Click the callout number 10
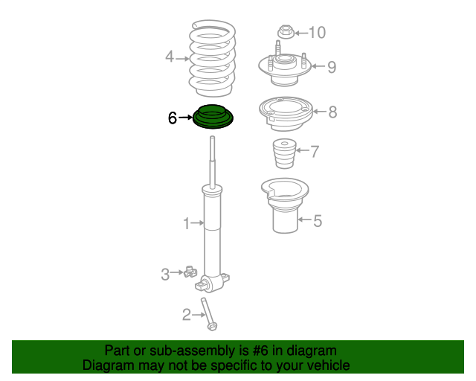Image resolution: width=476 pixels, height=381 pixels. pos(317,32)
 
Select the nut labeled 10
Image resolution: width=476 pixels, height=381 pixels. pos(285,32)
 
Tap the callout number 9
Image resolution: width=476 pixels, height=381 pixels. pos(332,67)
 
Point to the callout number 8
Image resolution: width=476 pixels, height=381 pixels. pos(332,112)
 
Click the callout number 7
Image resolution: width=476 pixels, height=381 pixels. pos(315,152)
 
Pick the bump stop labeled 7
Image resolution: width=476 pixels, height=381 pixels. pos(283,156)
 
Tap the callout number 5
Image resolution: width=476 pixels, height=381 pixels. pos(318,220)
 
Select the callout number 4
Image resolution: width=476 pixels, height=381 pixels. pos(170,57)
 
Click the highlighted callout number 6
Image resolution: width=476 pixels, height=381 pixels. pos(172,118)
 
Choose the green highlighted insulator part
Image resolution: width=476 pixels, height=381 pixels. pos(212,118)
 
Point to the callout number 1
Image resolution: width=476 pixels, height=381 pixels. pos(187,222)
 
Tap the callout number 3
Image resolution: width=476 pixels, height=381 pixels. pos(165,274)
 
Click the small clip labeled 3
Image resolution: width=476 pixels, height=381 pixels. pos(189,273)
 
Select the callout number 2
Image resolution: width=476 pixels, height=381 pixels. pos(187,315)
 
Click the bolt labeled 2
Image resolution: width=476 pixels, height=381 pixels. pos(209,313)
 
